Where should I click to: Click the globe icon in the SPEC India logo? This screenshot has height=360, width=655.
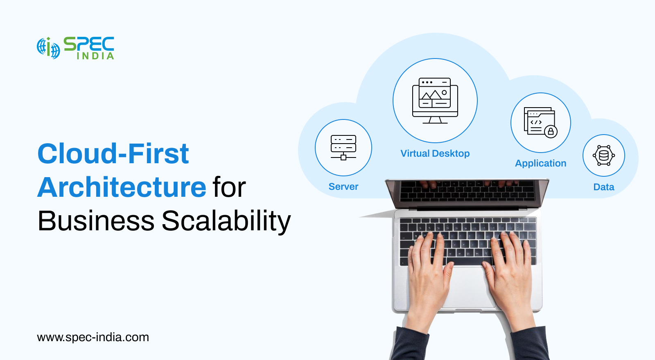click(x=48, y=48)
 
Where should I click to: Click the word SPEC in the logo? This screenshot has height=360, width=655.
click(x=89, y=43)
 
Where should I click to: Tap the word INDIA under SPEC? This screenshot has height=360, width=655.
click(x=95, y=56)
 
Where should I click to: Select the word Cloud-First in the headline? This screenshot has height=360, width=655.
click(x=113, y=154)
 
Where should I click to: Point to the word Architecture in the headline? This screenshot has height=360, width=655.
click(x=122, y=187)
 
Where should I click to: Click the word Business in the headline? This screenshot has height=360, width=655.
click(x=96, y=221)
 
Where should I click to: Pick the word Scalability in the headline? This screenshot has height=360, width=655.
click(x=226, y=221)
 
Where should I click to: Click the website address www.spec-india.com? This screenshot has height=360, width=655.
click(x=93, y=337)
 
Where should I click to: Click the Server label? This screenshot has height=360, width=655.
click(x=343, y=187)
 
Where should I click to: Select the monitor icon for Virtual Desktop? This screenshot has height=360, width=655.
click(x=435, y=101)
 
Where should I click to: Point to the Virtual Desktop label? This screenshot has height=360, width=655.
click(x=435, y=153)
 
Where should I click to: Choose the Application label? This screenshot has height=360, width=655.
click(x=540, y=163)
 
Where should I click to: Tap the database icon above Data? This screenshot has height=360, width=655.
click(x=604, y=155)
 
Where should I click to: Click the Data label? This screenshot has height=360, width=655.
click(x=604, y=187)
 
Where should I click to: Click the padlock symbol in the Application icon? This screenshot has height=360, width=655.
click(x=551, y=132)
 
